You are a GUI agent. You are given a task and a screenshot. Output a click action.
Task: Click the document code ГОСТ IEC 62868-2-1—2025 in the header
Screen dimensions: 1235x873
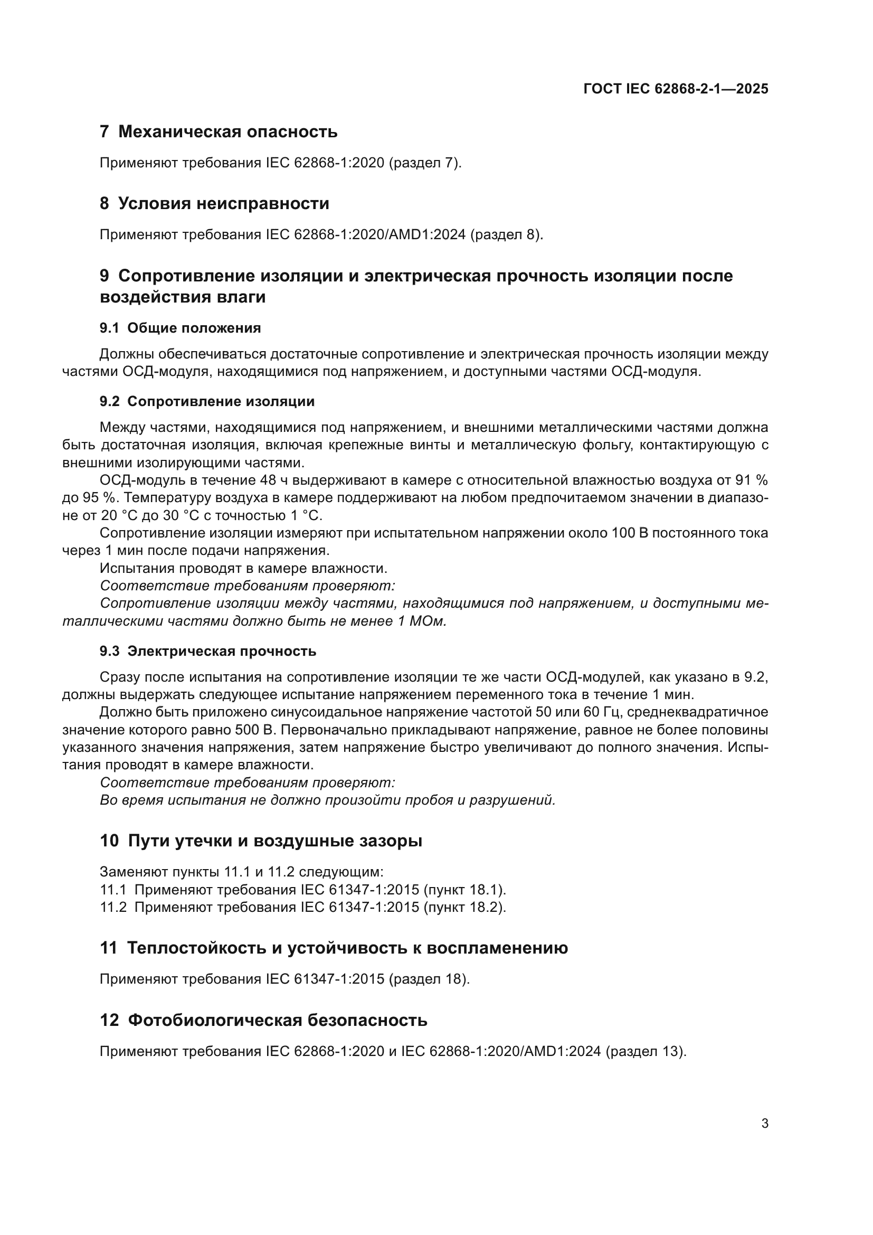point(675,89)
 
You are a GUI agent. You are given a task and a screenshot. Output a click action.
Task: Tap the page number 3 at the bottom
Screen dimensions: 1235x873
point(764,1124)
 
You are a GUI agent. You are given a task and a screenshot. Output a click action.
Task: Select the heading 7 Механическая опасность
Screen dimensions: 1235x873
point(219,131)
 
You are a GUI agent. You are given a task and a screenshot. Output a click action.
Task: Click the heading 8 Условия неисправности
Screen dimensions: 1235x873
point(214,203)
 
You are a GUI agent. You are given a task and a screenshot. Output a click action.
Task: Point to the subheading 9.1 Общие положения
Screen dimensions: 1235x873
point(180,328)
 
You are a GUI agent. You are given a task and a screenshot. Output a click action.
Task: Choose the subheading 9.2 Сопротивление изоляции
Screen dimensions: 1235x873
point(207,402)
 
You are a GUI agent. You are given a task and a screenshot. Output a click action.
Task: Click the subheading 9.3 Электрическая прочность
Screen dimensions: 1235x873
point(207,652)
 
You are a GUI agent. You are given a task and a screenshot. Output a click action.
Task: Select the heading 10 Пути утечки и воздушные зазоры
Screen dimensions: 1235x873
point(261,841)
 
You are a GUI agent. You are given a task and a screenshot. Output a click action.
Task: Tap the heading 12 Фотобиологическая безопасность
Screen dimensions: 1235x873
point(263,1020)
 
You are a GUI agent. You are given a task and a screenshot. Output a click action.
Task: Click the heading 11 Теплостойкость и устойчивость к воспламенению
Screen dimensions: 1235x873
point(333,948)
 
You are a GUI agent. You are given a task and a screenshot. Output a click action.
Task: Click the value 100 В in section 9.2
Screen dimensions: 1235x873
point(630,533)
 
